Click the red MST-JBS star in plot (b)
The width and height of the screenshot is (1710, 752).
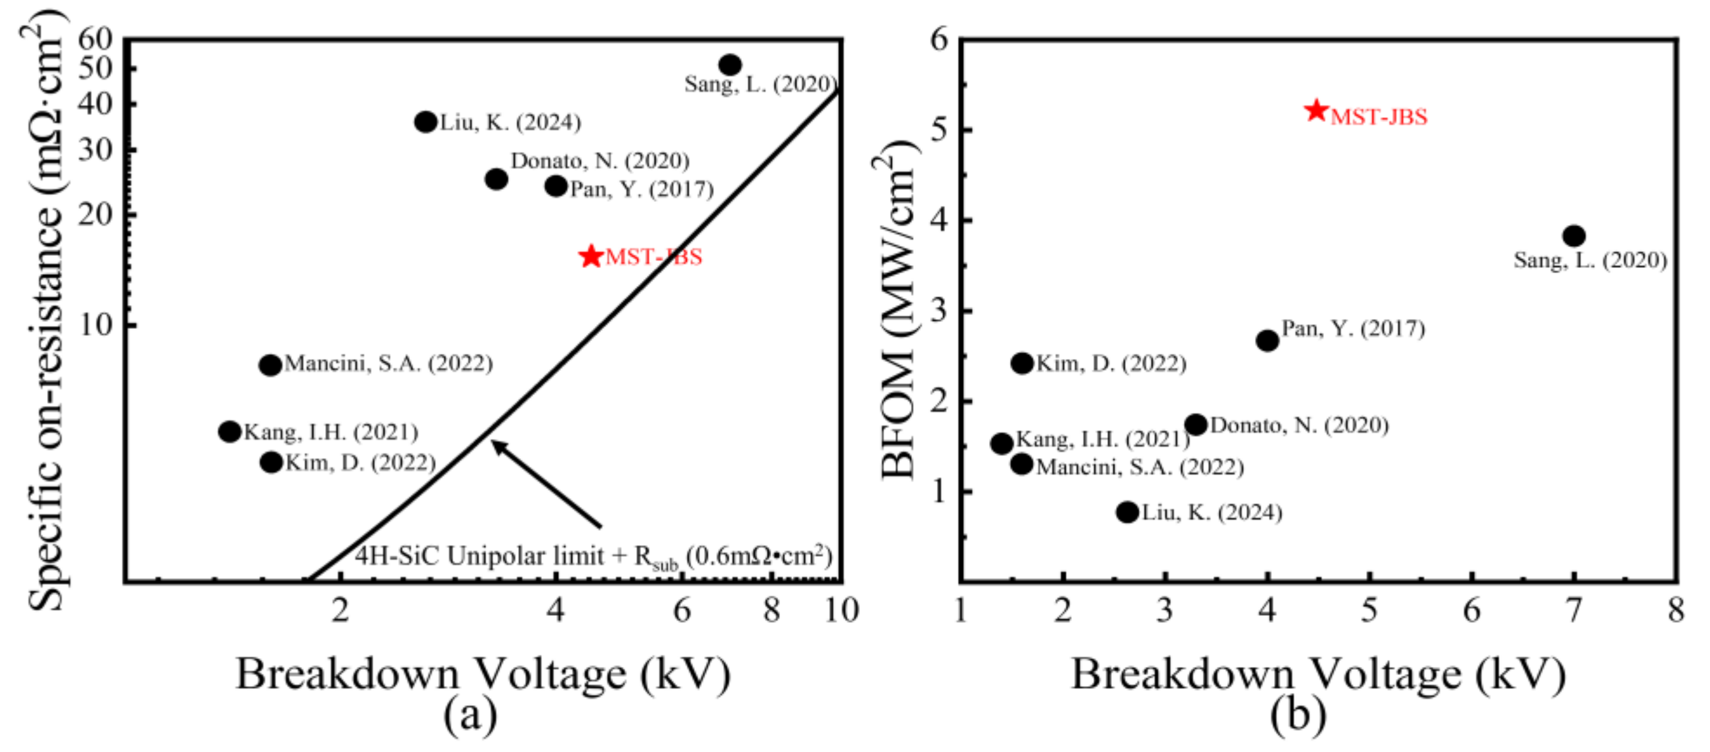click(x=1316, y=111)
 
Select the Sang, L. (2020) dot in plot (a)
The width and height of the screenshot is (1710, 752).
click(x=730, y=65)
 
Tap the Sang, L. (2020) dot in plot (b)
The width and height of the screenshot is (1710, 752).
click(x=1574, y=236)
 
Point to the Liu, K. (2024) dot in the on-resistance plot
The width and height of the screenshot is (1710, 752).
click(x=426, y=122)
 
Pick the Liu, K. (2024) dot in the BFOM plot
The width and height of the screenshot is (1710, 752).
click(x=1127, y=512)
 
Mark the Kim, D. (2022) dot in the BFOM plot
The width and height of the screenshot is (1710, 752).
click(x=1022, y=363)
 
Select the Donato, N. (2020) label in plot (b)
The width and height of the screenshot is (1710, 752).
click(x=1299, y=425)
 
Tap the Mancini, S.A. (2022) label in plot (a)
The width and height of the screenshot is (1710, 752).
click(x=389, y=364)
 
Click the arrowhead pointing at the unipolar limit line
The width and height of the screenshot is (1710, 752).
click(x=496, y=444)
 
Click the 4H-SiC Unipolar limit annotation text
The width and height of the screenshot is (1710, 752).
click(x=593, y=556)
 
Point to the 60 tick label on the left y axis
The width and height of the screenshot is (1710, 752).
click(x=96, y=40)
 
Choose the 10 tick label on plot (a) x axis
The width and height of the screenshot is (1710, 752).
click(x=841, y=609)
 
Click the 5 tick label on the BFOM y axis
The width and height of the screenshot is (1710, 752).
click(x=938, y=130)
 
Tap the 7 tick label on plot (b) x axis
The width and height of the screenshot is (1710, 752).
click(x=1574, y=609)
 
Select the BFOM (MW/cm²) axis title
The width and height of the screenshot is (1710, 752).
click(x=899, y=312)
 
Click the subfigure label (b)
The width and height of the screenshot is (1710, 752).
click(x=1298, y=716)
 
